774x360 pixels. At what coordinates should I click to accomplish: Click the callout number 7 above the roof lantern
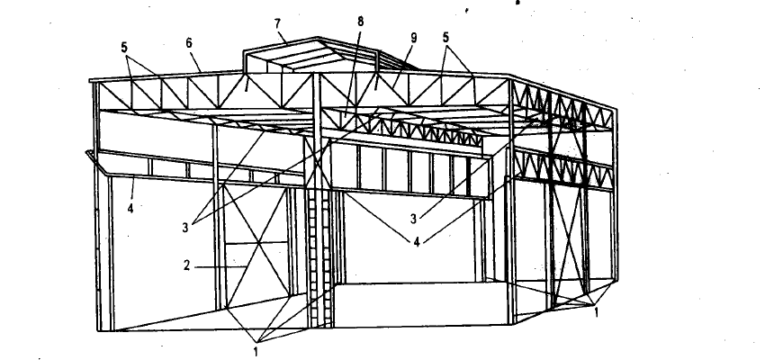277,23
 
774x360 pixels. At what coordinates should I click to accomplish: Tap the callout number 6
189,43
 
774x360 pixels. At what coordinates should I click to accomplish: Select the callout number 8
360,22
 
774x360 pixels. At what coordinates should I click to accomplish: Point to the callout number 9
414,38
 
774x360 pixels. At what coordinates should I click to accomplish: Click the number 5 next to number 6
124,48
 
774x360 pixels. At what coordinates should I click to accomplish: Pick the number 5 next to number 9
445,38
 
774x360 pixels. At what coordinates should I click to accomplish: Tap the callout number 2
186,265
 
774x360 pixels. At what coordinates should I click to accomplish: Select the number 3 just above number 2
185,228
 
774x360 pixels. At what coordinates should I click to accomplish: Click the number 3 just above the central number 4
414,219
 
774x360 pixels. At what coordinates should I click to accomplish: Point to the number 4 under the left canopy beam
130,209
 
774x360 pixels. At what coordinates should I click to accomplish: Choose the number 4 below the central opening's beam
417,242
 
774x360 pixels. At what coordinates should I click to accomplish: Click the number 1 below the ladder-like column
256,352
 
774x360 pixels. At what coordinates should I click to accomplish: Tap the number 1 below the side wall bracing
597,312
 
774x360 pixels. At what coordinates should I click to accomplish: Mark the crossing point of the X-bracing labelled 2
257,244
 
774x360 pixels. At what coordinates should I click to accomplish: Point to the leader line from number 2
220,267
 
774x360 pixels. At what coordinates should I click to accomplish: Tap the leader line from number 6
197,60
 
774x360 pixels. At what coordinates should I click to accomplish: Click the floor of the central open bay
419,303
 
